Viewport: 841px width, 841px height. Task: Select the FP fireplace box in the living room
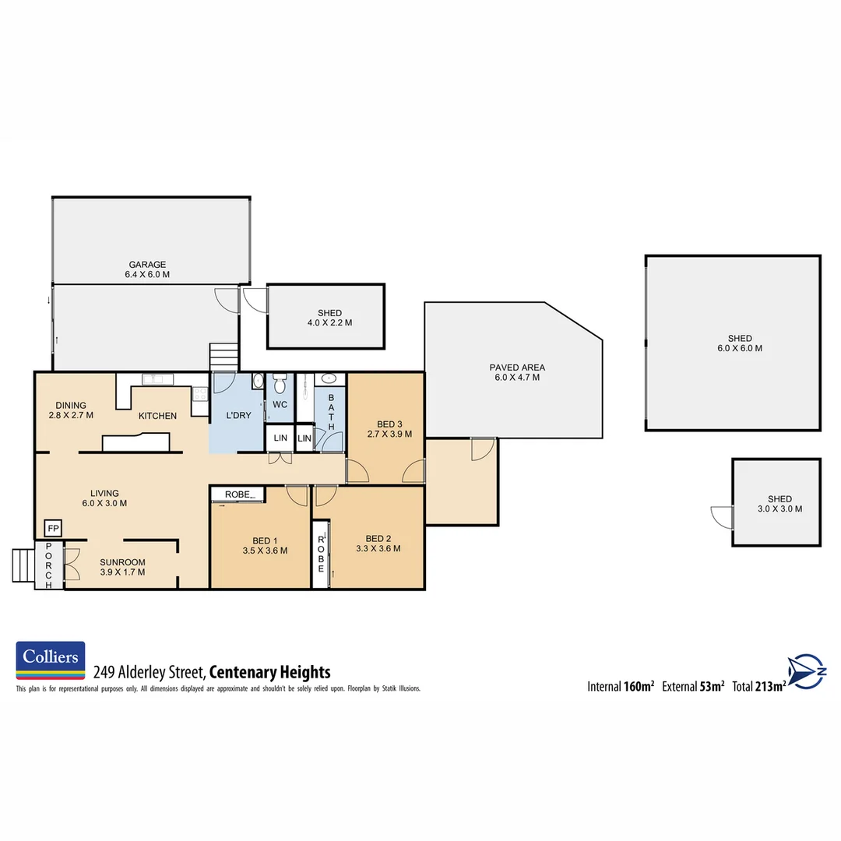53,528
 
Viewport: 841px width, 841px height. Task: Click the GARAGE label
147,265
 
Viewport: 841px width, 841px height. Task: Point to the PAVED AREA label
517,367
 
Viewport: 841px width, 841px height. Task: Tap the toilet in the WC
280,384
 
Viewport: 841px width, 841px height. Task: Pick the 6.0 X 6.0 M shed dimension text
740,349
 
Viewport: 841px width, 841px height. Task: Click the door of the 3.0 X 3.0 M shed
721,516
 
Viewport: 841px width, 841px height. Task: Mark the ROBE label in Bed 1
237,494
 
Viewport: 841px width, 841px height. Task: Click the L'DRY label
238,415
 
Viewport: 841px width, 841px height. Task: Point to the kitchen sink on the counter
158,379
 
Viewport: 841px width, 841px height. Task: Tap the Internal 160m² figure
620,687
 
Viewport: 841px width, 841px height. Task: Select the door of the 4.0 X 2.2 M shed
255,300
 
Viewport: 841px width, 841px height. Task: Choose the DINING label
70,405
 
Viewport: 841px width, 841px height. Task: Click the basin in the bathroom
329,379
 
